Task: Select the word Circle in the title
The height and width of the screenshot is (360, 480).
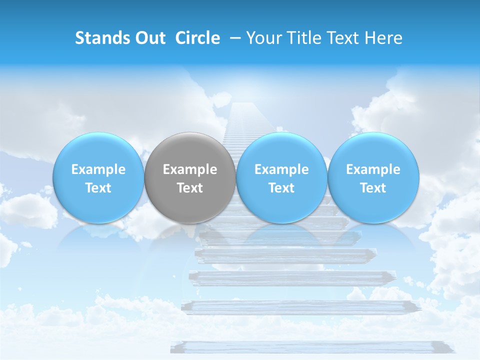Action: click(x=197, y=38)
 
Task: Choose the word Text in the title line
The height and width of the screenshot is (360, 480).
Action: click(x=343, y=38)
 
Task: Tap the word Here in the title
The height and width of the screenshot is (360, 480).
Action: click(x=383, y=38)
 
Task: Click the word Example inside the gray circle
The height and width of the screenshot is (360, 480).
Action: click(x=190, y=169)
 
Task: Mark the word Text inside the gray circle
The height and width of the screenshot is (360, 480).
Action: click(x=190, y=188)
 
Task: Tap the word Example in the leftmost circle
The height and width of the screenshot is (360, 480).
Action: click(x=98, y=169)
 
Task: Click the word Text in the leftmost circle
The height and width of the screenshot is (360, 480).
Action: click(x=98, y=188)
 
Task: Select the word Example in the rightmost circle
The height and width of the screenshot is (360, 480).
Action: click(x=373, y=169)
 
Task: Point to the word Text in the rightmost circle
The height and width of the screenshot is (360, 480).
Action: click(x=373, y=188)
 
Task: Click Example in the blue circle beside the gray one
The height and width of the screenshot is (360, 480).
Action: click(x=281, y=169)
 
